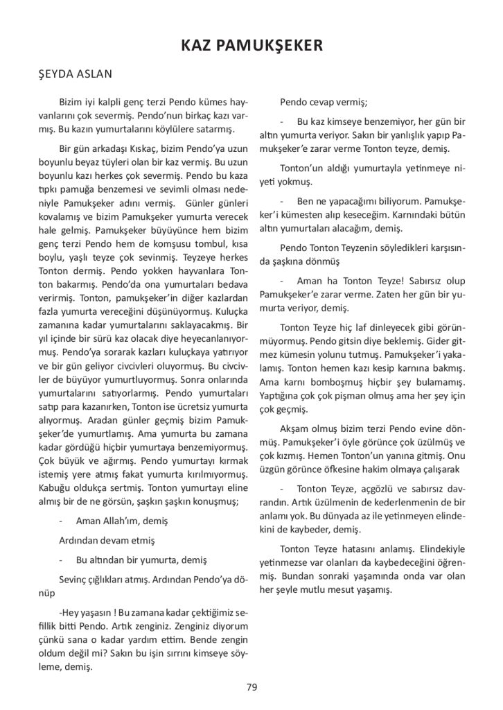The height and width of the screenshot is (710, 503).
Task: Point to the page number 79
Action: [251, 687]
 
